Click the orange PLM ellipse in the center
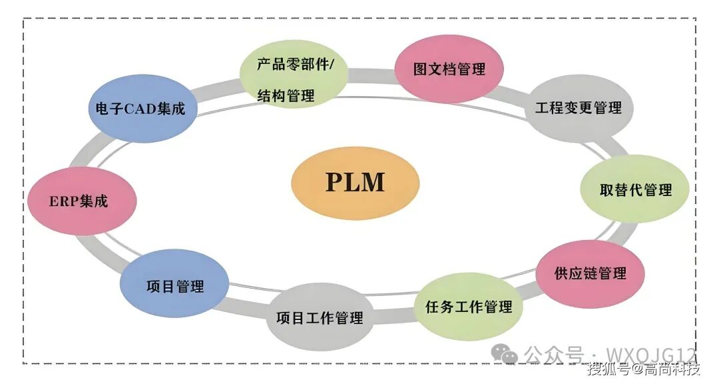(x=356, y=183)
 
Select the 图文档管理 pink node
(x=449, y=69)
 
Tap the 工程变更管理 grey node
(x=578, y=107)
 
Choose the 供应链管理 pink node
(x=590, y=273)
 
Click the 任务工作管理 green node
(x=469, y=307)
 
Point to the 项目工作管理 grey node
(x=320, y=318)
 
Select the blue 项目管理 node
(x=174, y=287)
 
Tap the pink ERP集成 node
(x=83, y=201)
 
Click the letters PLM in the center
(x=356, y=183)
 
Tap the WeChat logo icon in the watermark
(x=509, y=354)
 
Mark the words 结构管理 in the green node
(x=286, y=96)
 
